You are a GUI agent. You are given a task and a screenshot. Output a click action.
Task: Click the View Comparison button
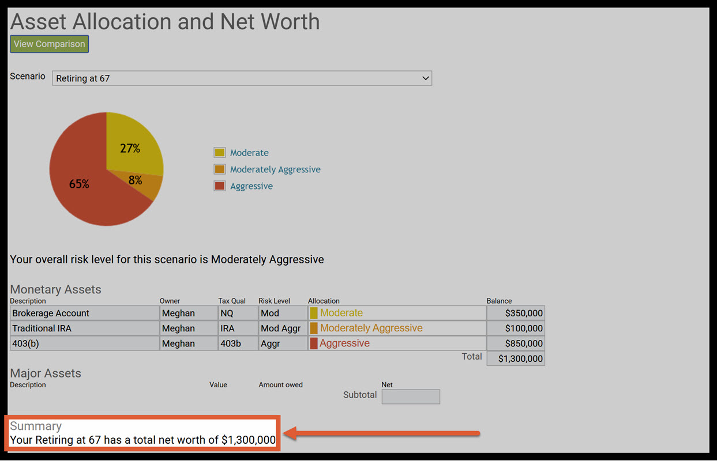(x=49, y=44)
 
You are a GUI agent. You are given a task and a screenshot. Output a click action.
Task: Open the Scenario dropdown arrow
(x=426, y=78)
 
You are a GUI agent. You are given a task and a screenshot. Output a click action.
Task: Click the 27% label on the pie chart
(x=130, y=148)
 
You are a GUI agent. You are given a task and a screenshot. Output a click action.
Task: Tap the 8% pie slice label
(x=135, y=180)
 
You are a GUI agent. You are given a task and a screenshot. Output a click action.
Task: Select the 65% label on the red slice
(x=79, y=184)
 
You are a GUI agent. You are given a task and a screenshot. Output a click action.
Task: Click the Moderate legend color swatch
(x=219, y=153)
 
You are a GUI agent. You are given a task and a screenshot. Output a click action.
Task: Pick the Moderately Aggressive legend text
(x=275, y=169)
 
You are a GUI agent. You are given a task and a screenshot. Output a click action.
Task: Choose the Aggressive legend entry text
(x=251, y=186)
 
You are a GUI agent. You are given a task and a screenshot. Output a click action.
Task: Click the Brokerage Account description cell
(x=84, y=313)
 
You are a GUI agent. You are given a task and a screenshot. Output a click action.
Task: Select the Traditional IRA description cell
(x=84, y=328)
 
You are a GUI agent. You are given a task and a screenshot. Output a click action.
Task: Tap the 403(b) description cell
(x=84, y=343)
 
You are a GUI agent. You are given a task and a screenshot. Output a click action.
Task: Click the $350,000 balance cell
(x=516, y=313)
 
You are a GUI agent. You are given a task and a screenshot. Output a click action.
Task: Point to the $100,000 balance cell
(x=516, y=328)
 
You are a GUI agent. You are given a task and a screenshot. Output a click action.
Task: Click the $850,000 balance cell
(x=516, y=343)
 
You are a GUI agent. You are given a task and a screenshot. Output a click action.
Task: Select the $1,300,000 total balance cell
(x=516, y=358)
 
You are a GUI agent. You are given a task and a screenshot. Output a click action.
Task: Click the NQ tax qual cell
(x=238, y=313)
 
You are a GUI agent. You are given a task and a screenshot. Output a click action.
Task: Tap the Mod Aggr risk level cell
(x=282, y=328)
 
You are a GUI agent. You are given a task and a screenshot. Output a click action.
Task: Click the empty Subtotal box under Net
(x=411, y=396)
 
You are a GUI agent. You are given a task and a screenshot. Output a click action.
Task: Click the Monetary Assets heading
(x=55, y=289)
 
